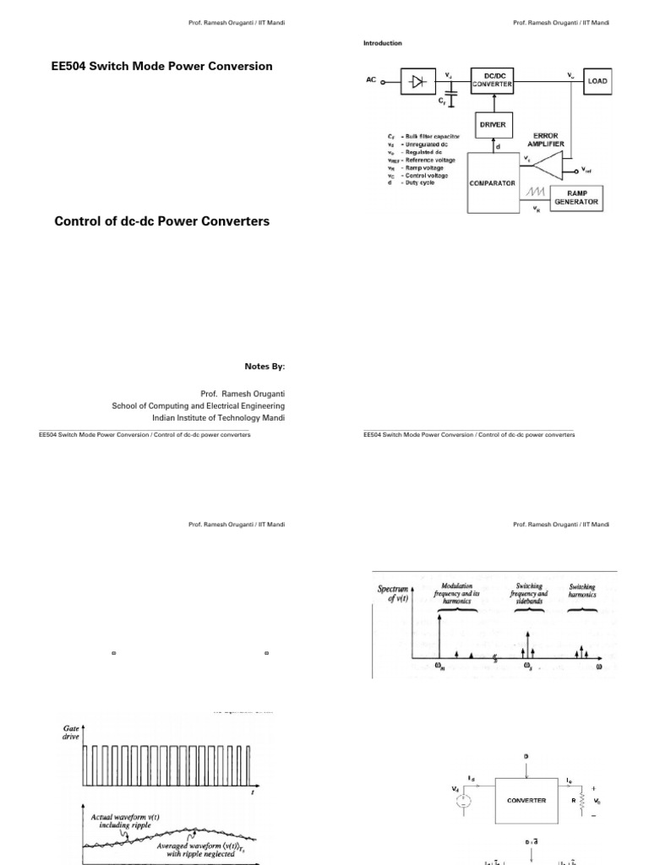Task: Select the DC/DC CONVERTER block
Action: click(493, 82)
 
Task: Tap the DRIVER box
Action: click(493, 124)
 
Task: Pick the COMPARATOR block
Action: click(492, 182)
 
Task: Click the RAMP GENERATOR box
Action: click(577, 198)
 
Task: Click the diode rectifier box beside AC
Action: click(417, 82)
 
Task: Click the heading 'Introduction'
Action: click(383, 43)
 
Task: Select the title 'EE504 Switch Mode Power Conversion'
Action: click(162, 66)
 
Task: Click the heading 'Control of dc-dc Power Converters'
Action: click(162, 221)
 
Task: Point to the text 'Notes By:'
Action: click(265, 367)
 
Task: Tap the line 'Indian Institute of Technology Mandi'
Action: click(218, 417)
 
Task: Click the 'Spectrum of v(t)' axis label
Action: click(392, 594)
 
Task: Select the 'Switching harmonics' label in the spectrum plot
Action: click(582, 590)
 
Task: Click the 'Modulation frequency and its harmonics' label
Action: click(457, 590)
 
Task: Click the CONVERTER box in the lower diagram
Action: click(526, 800)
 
